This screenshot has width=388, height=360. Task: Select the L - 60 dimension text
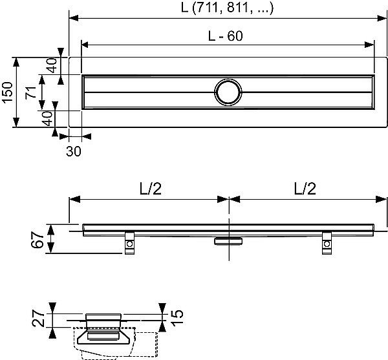(225, 37)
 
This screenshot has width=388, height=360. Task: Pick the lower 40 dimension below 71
(47, 118)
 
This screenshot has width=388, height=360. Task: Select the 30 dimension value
(73, 151)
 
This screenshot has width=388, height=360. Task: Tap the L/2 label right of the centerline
(306, 189)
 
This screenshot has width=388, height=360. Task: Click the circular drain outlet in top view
(228, 92)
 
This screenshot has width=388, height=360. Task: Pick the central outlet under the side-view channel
(228, 240)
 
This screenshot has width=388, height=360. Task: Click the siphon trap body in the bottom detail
(106, 337)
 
